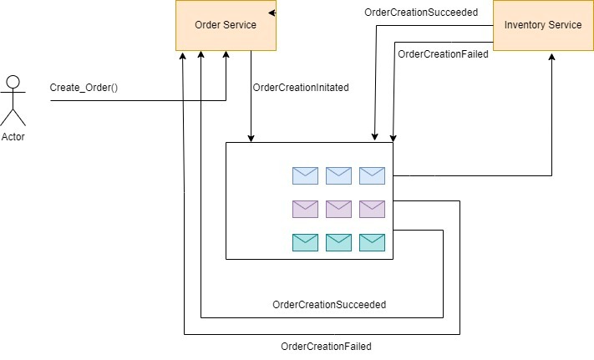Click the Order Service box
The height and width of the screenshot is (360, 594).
pos(226,25)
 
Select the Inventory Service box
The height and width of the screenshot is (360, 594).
pos(542,25)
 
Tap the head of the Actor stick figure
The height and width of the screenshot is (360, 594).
pos(13,82)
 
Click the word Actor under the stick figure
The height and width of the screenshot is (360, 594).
pos(13,137)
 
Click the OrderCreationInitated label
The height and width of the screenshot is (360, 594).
pos(301,87)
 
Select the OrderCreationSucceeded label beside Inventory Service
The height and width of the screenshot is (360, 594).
pos(422,13)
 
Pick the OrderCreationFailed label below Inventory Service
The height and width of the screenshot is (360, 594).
pos(443,54)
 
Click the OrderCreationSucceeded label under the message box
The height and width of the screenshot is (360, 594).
pos(329,305)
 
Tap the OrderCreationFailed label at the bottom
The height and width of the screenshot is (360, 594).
pos(326,346)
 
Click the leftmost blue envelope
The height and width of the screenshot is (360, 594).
pos(305,175)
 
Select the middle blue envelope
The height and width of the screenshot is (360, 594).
pos(338,175)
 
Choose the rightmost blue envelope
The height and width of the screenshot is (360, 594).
pos(372,175)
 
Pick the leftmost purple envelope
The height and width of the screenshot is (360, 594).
pos(305,209)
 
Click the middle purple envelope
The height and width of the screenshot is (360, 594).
pos(338,209)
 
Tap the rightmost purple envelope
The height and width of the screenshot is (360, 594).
pos(372,209)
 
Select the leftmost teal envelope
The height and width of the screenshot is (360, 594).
pos(305,242)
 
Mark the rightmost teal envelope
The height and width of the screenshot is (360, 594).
pos(372,242)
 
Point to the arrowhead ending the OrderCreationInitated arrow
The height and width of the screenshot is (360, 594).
pos(251,138)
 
